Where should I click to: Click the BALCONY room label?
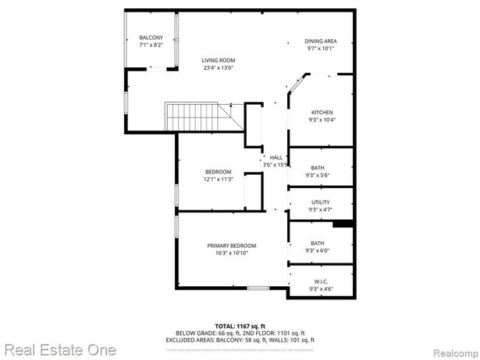[151, 38]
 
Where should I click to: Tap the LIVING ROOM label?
[219, 60]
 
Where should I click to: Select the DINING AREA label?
[320, 41]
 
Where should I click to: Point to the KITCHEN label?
[321, 112]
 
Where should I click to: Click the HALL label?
[276, 157]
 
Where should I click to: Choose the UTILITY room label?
[320, 202]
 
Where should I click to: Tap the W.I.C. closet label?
[320, 281]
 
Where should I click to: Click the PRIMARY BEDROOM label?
[231, 246]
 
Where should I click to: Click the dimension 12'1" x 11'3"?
[219, 179]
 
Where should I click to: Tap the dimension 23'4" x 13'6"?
[219, 68]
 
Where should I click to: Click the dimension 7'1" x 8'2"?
[151, 46]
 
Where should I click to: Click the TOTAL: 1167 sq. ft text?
[240, 325]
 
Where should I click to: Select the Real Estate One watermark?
[59, 348]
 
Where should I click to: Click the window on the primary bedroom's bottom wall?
[258, 288]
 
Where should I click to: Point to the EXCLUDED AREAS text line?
[240, 339]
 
